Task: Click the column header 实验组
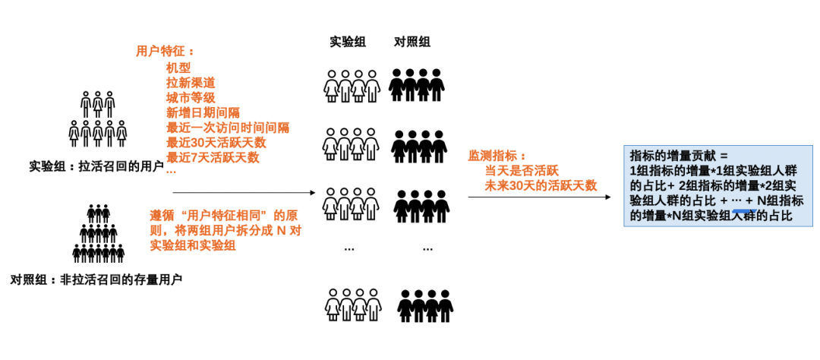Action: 348,42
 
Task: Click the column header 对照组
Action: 412,42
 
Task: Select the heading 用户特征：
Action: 164,52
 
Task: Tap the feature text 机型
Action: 178,68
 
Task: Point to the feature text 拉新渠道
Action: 191,83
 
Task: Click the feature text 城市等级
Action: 191,97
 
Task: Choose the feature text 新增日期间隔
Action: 203,112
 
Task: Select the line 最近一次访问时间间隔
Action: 228,128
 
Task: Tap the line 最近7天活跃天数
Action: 213,157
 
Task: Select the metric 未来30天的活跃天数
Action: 541,186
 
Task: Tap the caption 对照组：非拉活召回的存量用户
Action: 96,279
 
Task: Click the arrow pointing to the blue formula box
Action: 538,198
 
